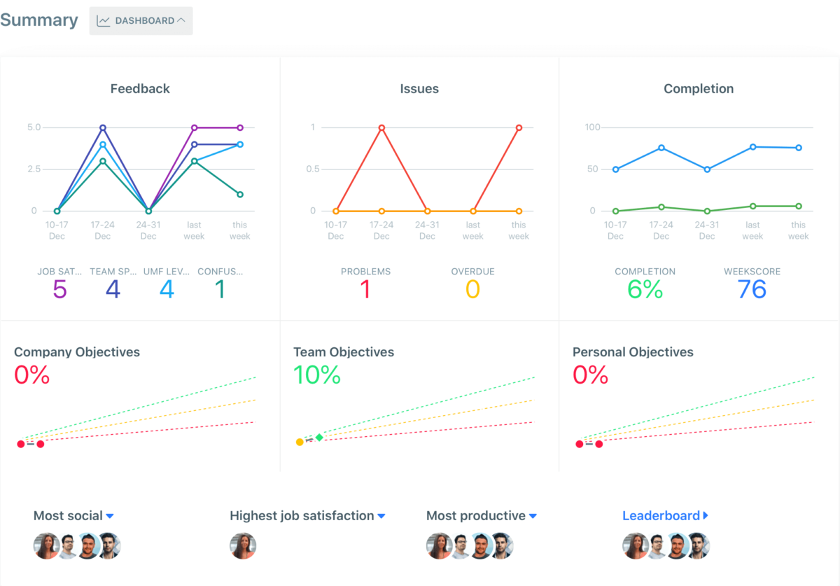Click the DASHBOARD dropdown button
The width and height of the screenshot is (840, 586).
[141, 21]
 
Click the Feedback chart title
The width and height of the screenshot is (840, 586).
[140, 89]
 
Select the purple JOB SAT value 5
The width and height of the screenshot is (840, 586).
[59, 289]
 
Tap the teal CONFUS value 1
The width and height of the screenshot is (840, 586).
[220, 289]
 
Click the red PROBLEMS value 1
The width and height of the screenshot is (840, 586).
[365, 289]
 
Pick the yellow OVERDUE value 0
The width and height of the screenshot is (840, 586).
[472, 289]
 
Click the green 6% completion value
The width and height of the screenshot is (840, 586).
[645, 289]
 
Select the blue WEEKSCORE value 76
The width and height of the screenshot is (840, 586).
[752, 289]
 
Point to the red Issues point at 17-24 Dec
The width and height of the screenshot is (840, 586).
[381, 127]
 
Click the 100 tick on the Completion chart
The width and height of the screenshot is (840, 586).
[593, 127]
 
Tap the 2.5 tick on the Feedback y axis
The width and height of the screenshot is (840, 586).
[34, 169]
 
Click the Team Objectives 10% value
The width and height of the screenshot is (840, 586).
[317, 375]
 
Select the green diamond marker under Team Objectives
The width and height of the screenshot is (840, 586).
[319, 438]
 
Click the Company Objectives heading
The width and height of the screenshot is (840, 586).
[77, 352]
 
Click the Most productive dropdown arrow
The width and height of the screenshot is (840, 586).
[533, 516]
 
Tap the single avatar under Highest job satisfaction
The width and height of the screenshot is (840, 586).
[243, 546]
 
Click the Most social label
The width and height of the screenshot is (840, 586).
[68, 516]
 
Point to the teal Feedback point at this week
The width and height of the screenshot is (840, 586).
[239, 195]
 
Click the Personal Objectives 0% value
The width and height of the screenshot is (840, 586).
[591, 375]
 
